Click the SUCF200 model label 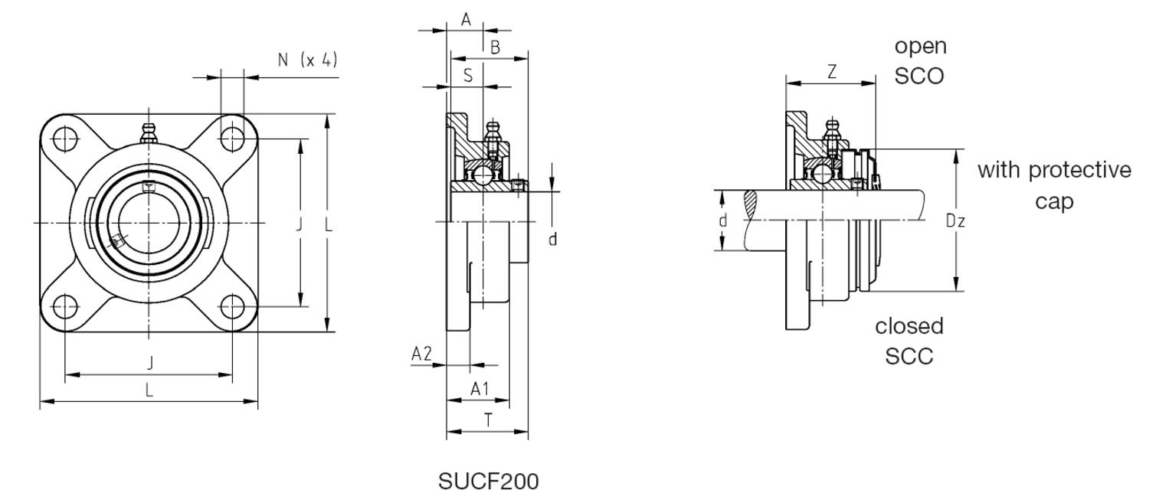(488, 482)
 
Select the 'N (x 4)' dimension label (307, 60)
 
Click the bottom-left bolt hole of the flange (66, 307)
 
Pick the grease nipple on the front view (149, 134)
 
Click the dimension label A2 (421, 354)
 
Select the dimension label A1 (480, 389)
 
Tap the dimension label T (487, 419)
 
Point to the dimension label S (468, 75)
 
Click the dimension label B (495, 47)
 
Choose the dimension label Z (832, 72)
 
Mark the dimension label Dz (954, 221)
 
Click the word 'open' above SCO (921, 47)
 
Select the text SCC (909, 356)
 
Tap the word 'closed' (909, 327)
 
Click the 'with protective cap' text (1054, 185)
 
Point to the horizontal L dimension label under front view (149, 390)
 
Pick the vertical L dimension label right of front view (328, 224)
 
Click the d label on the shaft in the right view (722, 221)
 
